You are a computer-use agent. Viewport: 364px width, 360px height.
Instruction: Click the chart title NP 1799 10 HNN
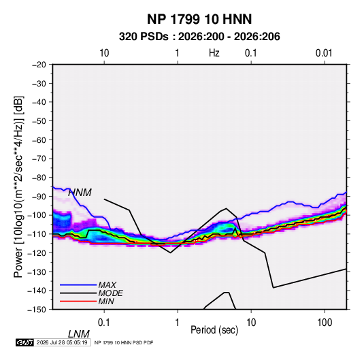[x=199, y=19]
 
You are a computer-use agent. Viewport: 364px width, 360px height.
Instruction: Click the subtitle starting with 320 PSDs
[x=199, y=37]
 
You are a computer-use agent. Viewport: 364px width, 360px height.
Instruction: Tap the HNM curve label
[x=80, y=193]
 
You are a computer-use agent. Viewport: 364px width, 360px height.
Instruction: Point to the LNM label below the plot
[x=78, y=334]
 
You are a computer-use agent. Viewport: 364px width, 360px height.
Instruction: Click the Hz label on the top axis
[x=214, y=53]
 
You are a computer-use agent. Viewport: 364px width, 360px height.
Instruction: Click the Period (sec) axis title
[x=214, y=330]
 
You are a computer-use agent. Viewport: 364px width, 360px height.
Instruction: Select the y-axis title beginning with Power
[x=18, y=187]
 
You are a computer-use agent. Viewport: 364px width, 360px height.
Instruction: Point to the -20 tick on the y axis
[x=39, y=65]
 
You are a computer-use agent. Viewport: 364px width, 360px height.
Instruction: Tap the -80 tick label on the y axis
[x=39, y=178]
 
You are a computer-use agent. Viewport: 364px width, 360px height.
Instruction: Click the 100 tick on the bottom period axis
[x=325, y=323]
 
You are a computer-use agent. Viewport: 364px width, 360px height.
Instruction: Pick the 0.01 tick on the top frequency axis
[x=324, y=53]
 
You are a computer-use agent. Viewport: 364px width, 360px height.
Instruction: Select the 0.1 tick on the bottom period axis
[x=104, y=323]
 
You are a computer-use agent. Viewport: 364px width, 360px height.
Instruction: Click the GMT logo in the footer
[x=25, y=342]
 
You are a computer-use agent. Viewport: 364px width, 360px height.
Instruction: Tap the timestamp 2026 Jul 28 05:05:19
[x=62, y=342]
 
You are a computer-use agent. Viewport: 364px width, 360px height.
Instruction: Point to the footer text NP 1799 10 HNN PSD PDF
[x=124, y=342]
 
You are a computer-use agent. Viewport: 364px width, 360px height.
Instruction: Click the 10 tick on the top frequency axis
[x=104, y=53]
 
